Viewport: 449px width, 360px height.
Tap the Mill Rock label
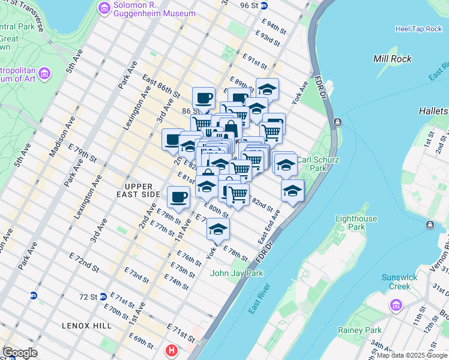click(393, 59)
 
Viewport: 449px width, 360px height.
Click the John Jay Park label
click(237, 274)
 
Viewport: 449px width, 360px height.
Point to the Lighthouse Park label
click(356, 223)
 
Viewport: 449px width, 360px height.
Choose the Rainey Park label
click(360, 330)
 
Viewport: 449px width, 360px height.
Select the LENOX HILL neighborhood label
click(86, 325)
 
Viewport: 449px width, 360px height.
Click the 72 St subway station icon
click(103, 296)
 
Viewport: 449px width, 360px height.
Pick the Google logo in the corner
click(20, 353)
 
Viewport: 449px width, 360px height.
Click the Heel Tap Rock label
click(418, 29)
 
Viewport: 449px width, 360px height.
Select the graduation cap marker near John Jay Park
click(218, 229)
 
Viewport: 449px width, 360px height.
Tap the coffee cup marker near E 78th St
click(179, 196)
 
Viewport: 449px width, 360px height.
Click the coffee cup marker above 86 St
click(203, 98)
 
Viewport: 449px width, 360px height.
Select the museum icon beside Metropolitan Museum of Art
click(44, 74)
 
